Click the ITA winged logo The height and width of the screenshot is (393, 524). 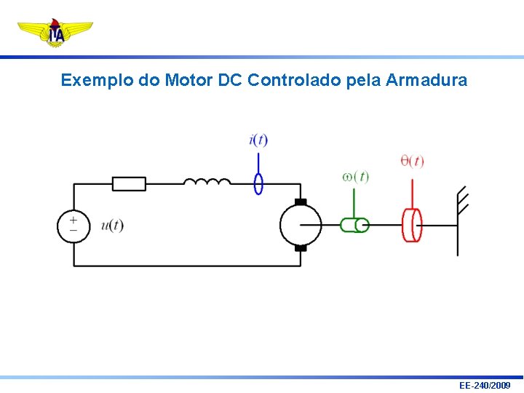(55, 33)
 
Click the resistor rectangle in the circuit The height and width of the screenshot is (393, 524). (129, 183)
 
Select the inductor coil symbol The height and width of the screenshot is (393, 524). (207, 181)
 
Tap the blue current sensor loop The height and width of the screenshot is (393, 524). (258, 183)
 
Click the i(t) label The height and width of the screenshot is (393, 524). (258, 140)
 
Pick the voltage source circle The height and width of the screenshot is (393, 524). (74, 225)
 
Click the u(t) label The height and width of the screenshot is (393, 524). (113, 226)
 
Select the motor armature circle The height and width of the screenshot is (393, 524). (301, 225)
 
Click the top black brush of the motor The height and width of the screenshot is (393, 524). (301, 202)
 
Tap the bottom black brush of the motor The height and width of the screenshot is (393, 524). (301, 248)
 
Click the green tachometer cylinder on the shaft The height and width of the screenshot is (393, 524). (354, 225)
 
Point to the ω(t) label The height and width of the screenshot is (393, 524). (356, 177)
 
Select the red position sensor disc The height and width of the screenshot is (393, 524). (412, 225)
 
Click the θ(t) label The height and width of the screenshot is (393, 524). (412, 161)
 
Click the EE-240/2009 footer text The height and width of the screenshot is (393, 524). (485, 385)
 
